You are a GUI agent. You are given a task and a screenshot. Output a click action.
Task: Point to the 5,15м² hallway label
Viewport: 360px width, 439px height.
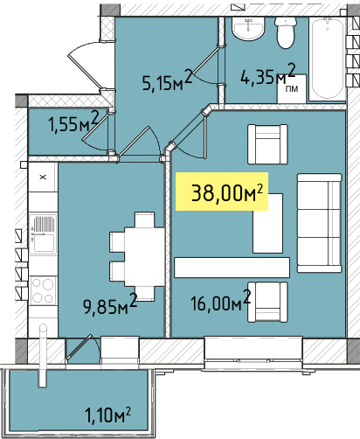(167, 80)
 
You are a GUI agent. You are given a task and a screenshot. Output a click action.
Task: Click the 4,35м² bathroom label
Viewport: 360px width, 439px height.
(268, 74)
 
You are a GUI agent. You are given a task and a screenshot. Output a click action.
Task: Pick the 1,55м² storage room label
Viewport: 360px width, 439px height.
(74, 122)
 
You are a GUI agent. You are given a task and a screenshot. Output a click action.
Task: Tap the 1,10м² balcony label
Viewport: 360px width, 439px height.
(107, 415)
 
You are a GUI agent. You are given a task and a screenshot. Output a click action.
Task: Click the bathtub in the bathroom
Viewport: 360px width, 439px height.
(328, 59)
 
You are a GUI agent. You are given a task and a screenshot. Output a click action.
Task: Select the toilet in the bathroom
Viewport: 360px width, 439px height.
(286, 32)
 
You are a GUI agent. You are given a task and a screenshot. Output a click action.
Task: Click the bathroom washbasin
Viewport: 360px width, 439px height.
(248, 28)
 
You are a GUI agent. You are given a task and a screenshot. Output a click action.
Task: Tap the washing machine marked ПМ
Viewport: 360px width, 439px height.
(292, 89)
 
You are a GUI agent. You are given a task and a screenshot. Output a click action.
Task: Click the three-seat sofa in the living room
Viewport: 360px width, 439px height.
(319, 223)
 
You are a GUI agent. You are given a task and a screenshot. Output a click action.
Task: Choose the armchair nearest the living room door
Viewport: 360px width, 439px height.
(267, 144)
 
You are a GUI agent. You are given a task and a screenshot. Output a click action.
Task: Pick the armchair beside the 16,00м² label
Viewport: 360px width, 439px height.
(267, 302)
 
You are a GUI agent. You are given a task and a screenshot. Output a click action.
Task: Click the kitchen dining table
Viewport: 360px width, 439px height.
(137, 256)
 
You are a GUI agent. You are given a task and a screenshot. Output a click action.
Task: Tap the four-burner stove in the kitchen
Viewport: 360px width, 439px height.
(43, 290)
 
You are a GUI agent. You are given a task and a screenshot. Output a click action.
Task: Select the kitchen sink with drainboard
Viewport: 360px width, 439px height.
(43, 234)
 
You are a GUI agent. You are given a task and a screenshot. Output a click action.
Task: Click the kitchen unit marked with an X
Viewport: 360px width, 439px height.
(43, 177)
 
